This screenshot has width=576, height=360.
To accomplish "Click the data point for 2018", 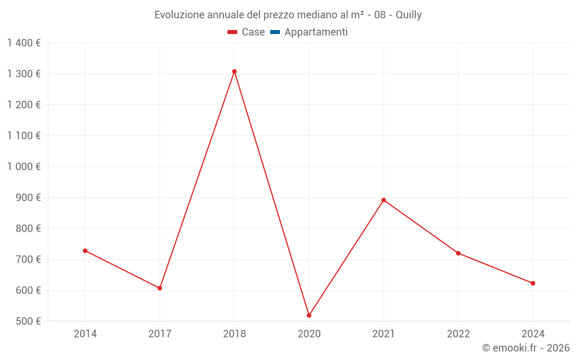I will point(234,71).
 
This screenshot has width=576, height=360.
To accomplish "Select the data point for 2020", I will point(309,316).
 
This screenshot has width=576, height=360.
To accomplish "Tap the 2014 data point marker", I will point(85,251).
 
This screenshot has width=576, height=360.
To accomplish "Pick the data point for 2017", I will point(160,288).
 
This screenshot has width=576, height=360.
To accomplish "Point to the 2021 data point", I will point(384,200).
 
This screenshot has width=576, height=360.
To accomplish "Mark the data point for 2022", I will point(458,253).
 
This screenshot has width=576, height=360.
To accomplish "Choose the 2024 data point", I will point(533,283).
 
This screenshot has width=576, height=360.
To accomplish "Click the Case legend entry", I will point(246,32).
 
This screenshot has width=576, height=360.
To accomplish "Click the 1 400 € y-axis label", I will point(24,43).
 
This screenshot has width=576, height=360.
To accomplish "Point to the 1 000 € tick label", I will point(24,166).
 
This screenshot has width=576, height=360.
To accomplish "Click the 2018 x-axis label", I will point(234,334).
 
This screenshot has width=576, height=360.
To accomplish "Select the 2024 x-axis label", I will point(533,334).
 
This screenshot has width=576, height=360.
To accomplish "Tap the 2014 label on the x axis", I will point(85,334).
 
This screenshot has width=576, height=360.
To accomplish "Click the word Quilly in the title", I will point(408,15).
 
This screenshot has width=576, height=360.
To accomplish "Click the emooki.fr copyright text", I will point(526,348).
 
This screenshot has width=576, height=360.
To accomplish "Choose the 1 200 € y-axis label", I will point(24,105).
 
